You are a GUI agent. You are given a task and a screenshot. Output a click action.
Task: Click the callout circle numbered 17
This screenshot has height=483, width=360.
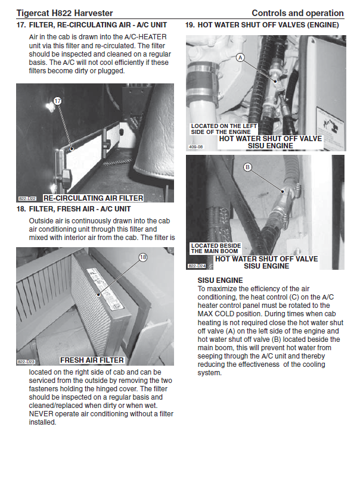point(58,101)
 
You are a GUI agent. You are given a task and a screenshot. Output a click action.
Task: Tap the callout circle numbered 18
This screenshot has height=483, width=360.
point(142,257)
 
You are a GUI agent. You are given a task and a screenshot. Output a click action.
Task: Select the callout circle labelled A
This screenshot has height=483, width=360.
point(240,58)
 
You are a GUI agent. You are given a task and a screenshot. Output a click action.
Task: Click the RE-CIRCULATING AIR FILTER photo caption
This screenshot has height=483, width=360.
point(93,198)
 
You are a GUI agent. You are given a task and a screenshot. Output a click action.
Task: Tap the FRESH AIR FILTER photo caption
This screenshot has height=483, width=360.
point(92,360)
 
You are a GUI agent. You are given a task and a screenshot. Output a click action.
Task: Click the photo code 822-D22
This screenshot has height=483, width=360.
point(27,198)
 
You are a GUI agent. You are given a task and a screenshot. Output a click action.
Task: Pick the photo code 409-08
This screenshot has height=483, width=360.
point(196,146)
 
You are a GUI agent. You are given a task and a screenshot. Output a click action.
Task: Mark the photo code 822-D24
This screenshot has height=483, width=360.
point(197,266)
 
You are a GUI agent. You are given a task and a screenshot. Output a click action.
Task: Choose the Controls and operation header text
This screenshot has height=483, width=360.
point(297,13)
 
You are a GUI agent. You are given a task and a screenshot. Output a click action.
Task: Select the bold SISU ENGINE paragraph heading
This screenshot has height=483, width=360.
point(220,280)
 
